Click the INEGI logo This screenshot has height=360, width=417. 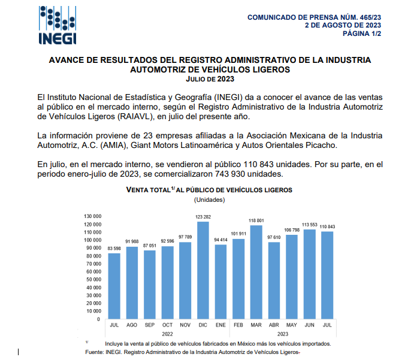(58, 25)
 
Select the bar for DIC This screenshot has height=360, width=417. (203, 270)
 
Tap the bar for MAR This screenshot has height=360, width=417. (256, 272)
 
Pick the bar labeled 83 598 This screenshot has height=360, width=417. (114, 286)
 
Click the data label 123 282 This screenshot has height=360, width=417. (204, 216)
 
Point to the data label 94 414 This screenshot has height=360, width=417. (221, 240)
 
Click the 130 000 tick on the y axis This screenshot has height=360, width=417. (92, 216)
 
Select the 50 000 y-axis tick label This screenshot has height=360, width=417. (93, 280)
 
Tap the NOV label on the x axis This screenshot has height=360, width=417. (185, 325)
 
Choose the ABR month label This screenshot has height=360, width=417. (274, 325)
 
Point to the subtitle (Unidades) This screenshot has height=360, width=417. (209, 199)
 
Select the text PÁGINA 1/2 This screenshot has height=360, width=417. (361, 34)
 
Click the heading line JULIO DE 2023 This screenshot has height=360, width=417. (210, 79)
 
